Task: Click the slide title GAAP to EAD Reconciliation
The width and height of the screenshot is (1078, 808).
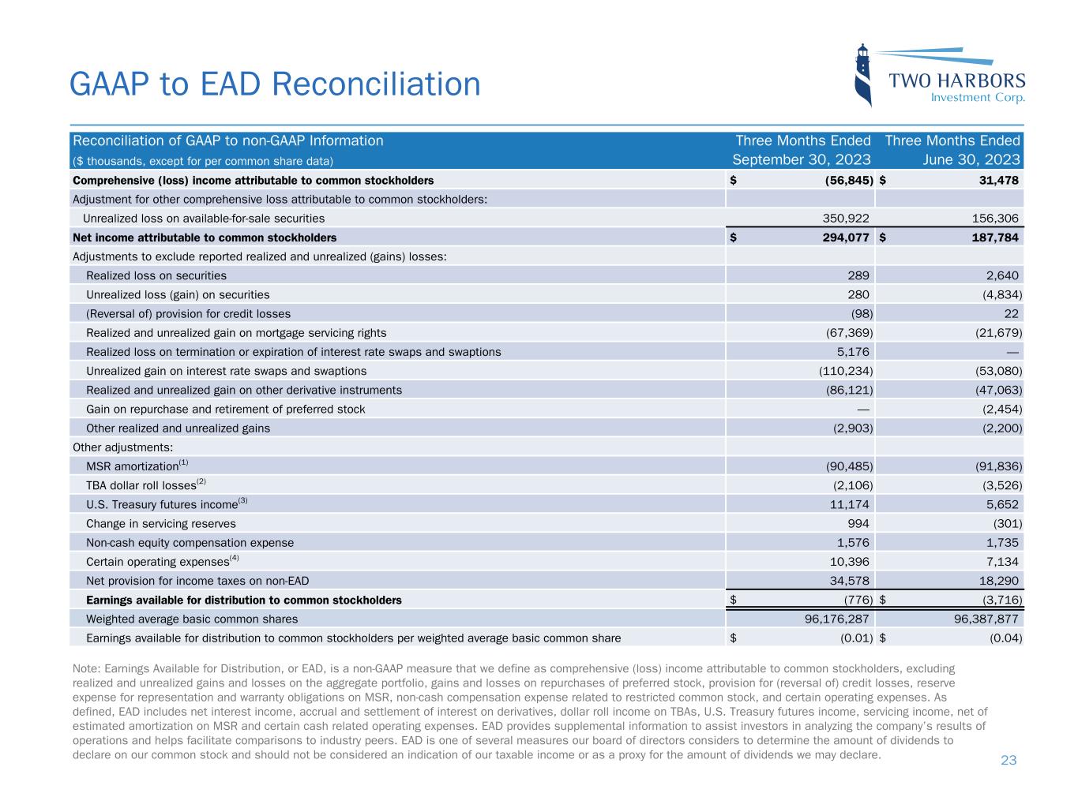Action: [275, 84]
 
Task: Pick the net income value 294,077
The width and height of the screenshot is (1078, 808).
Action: [843, 238]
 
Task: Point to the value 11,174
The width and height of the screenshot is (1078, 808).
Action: [848, 504]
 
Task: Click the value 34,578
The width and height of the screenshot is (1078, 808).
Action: [848, 582]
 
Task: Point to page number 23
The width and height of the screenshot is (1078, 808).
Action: [1009, 760]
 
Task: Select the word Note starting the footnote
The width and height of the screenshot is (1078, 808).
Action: [85, 668]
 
